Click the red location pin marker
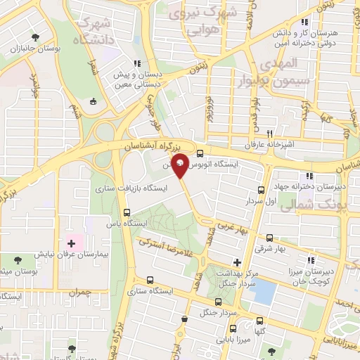(180, 165)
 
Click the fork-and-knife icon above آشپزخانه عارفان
(269, 133)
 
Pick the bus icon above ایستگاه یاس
(127, 213)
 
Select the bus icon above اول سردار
(261, 190)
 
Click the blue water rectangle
(264, 291)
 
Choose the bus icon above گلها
(233, 328)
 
